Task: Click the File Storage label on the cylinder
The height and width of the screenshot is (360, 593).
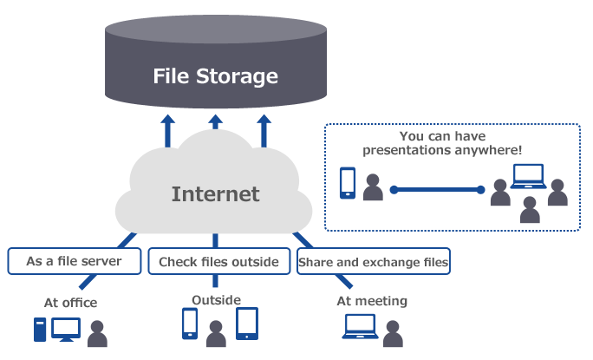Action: click(x=215, y=76)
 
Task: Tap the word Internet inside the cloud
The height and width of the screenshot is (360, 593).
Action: click(x=215, y=193)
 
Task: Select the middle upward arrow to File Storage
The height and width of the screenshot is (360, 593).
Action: click(x=216, y=128)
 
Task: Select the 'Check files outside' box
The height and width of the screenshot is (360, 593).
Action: click(x=218, y=261)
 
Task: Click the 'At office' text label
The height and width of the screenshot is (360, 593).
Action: click(x=70, y=303)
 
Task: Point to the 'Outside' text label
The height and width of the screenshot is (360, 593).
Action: click(x=216, y=299)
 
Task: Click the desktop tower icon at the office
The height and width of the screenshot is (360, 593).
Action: click(x=38, y=330)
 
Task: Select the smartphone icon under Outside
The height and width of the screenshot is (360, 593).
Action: click(x=190, y=324)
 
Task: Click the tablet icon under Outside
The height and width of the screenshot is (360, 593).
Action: click(x=247, y=324)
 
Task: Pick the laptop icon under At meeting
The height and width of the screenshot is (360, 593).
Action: click(x=359, y=326)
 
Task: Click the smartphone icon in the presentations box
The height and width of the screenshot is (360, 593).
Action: click(x=348, y=182)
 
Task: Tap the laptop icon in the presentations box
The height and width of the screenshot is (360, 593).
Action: click(x=526, y=177)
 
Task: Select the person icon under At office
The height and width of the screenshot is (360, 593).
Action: click(x=99, y=333)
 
